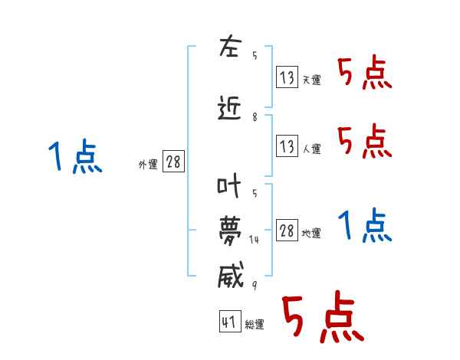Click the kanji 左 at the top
tap(231, 46)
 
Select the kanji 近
tap(229, 108)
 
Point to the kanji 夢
tap(230, 231)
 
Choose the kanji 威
tap(231, 274)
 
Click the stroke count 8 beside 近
tap(255, 117)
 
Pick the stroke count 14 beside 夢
tap(254, 240)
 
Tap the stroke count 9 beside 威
tap(255, 285)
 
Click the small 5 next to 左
tap(255, 55)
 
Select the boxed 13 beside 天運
tap(287, 77)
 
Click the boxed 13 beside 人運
tap(287, 146)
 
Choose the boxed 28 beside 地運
tap(287, 230)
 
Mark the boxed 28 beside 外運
tap(174, 162)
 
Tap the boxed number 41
tap(230, 321)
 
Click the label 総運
tap(255, 324)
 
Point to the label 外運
tap(148, 165)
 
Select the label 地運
tap(311, 234)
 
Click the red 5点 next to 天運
tap(365, 72)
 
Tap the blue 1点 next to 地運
tap(365, 225)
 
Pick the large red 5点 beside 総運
tap(323, 316)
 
